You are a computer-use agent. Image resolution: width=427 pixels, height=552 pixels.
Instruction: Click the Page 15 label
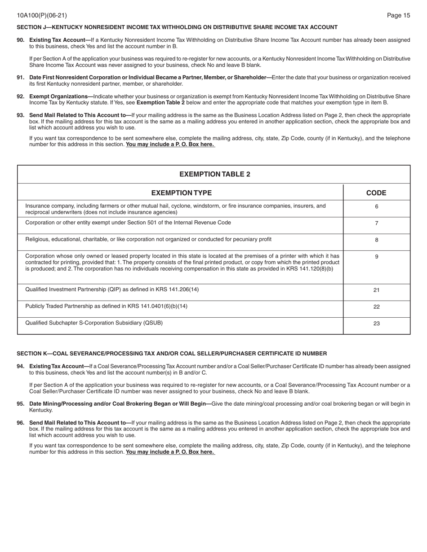398,16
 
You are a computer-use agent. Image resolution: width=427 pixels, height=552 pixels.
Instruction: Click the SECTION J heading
177,27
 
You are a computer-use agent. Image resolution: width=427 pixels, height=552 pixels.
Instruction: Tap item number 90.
21,40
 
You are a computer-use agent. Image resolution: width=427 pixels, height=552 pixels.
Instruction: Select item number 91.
21,78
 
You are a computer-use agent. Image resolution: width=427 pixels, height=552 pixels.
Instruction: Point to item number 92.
21,96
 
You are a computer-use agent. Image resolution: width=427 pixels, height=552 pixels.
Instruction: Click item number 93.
21,115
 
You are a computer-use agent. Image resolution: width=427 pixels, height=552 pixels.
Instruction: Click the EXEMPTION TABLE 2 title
214,174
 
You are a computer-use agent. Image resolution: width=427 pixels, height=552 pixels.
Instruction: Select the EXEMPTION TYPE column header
181,193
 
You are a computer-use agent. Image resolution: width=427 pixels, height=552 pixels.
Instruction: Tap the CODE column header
376,193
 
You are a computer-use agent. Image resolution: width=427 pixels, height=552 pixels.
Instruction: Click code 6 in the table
377,207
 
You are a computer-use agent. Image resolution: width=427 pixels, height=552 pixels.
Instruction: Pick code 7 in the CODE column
377,223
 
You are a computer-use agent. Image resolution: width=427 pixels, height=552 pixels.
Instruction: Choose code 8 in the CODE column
377,240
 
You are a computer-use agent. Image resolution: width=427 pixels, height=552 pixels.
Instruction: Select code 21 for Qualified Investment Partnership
377,290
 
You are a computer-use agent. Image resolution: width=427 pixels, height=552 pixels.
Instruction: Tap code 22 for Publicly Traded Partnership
377,307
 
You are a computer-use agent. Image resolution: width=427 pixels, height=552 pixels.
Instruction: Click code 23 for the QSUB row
377,324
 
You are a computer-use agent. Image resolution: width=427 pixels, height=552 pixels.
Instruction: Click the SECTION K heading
172,354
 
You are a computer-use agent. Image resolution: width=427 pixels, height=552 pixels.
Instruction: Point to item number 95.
21,404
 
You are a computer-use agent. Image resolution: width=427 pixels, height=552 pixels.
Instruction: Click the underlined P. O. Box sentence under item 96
170,452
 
